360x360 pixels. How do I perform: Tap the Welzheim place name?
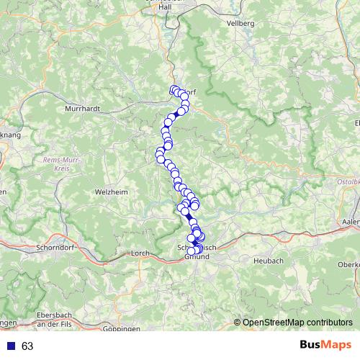111,192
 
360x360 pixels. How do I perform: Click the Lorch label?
140,253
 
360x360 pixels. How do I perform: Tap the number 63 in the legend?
27,346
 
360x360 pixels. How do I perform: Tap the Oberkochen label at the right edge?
349,264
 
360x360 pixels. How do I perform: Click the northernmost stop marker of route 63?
174,90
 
